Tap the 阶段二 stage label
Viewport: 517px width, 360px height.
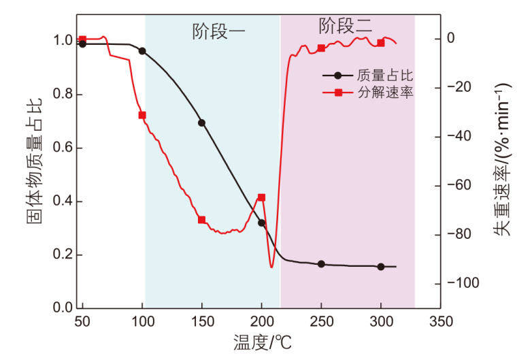pyautogui.click(x=346, y=27)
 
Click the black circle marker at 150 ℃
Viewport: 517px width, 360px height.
pyautogui.click(x=201, y=123)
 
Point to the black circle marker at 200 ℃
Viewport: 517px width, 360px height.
pyautogui.click(x=262, y=223)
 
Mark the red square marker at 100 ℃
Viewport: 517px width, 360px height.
pyautogui.click(x=142, y=115)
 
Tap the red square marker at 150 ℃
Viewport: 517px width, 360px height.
pyautogui.click(x=202, y=220)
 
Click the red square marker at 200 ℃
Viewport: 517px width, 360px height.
pyautogui.click(x=261, y=197)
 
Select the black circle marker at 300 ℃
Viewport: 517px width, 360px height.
pyautogui.click(x=381, y=267)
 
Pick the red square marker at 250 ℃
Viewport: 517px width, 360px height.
pyautogui.click(x=322, y=48)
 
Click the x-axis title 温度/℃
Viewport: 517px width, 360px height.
pyautogui.click(x=262, y=342)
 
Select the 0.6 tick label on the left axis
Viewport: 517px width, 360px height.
pyautogui.click(x=57, y=148)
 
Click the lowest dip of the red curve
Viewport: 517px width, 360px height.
pyautogui.click(x=272, y=267)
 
